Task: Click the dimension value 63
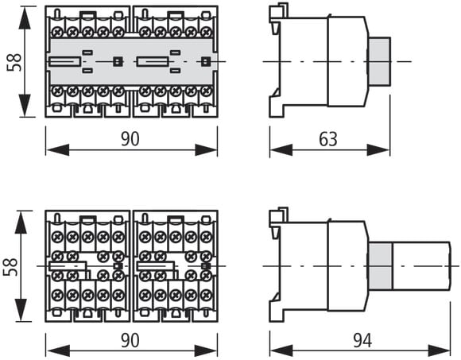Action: [328, 139]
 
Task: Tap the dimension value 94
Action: [362, 341]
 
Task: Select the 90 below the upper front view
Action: [130, 139]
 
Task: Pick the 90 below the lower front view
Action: [130, 341]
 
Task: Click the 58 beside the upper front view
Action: [14, 62]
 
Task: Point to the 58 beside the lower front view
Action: [10, 267]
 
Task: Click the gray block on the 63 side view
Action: [379, 62]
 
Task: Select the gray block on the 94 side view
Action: [380, 266]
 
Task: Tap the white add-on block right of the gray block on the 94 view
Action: [421, 266]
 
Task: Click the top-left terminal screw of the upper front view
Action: [57, 32]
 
